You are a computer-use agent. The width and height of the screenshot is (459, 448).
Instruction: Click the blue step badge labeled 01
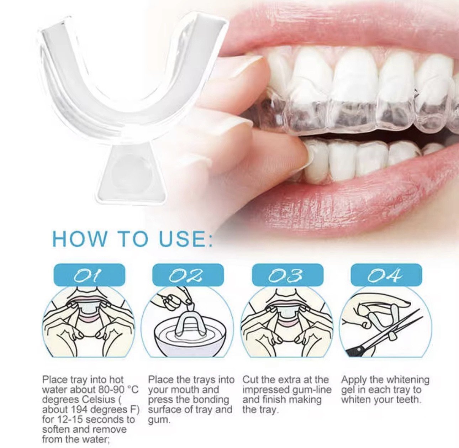point(89,275)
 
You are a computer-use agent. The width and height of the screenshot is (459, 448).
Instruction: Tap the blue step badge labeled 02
point(188,275)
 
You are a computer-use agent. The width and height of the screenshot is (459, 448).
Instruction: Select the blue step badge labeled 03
point(287,275)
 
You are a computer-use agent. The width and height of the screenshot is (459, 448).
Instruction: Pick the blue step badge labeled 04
point(386,275)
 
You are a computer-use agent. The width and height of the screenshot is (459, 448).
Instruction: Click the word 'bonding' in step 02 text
point(213,400)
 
